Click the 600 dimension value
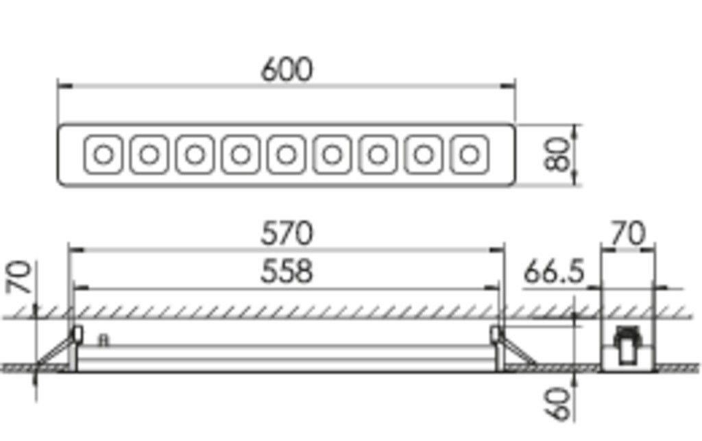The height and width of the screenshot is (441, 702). tap(287, 70)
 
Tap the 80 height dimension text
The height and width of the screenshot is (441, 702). tap(559, 155)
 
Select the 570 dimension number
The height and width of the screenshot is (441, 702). tap(287, 234)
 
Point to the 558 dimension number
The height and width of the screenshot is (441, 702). tap(287, 272)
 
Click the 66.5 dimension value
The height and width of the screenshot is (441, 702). tap(553, 272)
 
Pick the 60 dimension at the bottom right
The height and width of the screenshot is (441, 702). tap(559, 404)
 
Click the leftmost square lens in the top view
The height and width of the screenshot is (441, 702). tap(104, 154)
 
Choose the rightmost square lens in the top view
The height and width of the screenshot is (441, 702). tap(470, 154)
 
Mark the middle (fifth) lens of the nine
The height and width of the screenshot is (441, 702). tap(287, 154)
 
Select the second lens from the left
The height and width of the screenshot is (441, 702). tap(149, 154)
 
